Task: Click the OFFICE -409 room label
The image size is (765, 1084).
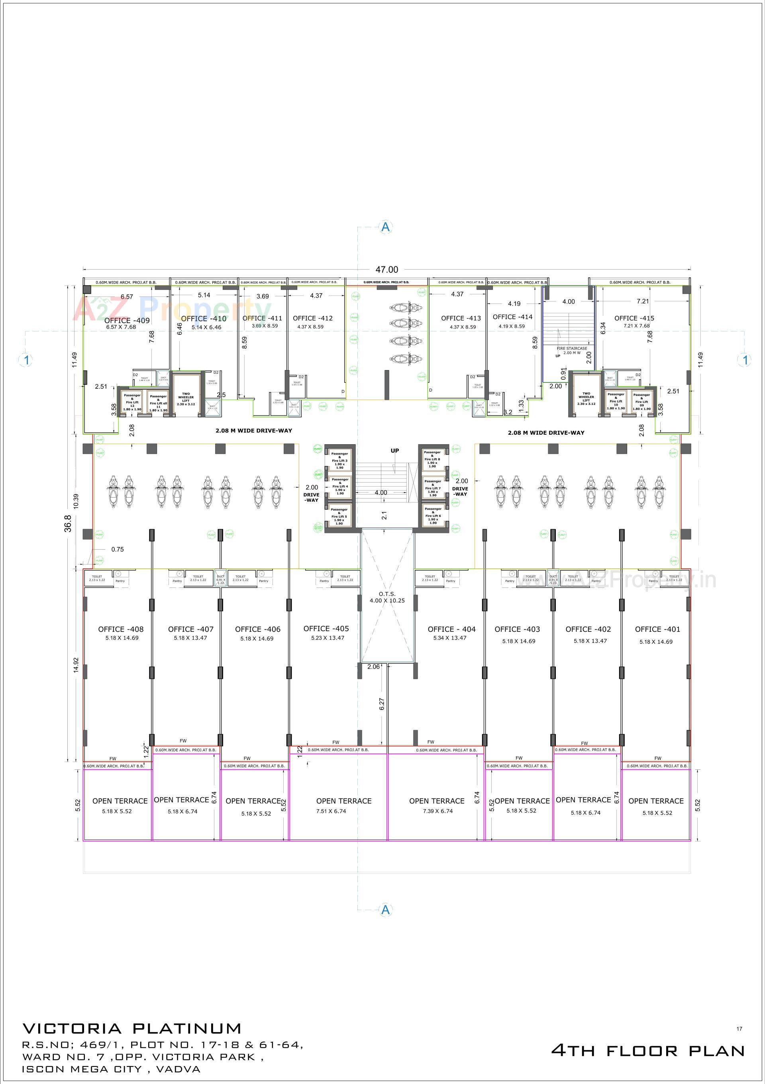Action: (127, 321)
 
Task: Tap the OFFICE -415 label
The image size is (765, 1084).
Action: (634, 318)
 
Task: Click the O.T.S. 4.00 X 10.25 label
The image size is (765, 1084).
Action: (387, 597)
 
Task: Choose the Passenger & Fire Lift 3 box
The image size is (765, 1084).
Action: (339, 461)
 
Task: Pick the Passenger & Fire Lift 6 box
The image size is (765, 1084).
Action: (432, 516)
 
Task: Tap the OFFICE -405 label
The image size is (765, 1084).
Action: (326, 629)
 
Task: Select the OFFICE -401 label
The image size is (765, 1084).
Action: (657, 629)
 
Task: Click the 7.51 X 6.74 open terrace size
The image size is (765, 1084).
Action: (330, 811)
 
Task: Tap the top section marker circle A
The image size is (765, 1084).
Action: (386, 227)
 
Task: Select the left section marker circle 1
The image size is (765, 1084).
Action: (26, 360)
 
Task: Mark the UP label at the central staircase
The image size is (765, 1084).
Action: (395, 450)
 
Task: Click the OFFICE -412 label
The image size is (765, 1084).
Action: (312, 318)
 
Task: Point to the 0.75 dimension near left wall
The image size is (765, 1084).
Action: (118, 549)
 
